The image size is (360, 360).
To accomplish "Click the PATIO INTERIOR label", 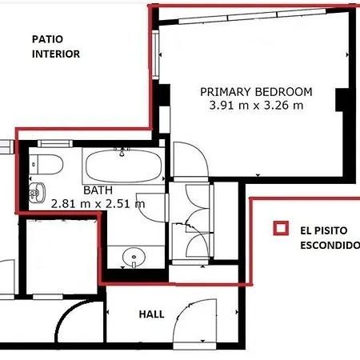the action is tap(56, 46).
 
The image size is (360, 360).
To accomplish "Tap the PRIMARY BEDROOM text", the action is tap(256, 92).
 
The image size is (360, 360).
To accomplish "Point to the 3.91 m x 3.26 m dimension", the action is tap(256, 105).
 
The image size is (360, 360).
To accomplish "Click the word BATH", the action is tap(98, 190).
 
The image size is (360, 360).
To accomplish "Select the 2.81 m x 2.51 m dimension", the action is tap(98, 204).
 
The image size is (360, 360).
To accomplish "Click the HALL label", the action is tap(151, 314).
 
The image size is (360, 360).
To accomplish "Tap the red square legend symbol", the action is tap(281, 228).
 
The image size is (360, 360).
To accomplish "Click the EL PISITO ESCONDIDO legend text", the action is tap(330, 238).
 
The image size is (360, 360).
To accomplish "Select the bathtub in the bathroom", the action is tap(123, 166).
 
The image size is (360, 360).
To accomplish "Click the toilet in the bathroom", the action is tap(46, 164).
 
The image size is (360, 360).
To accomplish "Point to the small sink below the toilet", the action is tap(37, 192).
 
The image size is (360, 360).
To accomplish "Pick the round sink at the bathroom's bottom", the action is tap(134, 258).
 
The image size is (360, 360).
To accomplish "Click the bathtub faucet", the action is tap(122, 151).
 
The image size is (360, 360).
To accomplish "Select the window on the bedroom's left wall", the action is tap(155, 54).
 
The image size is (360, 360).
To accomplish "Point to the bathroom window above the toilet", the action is tap(55, 144).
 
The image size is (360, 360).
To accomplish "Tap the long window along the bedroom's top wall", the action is tap(252, 17).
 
